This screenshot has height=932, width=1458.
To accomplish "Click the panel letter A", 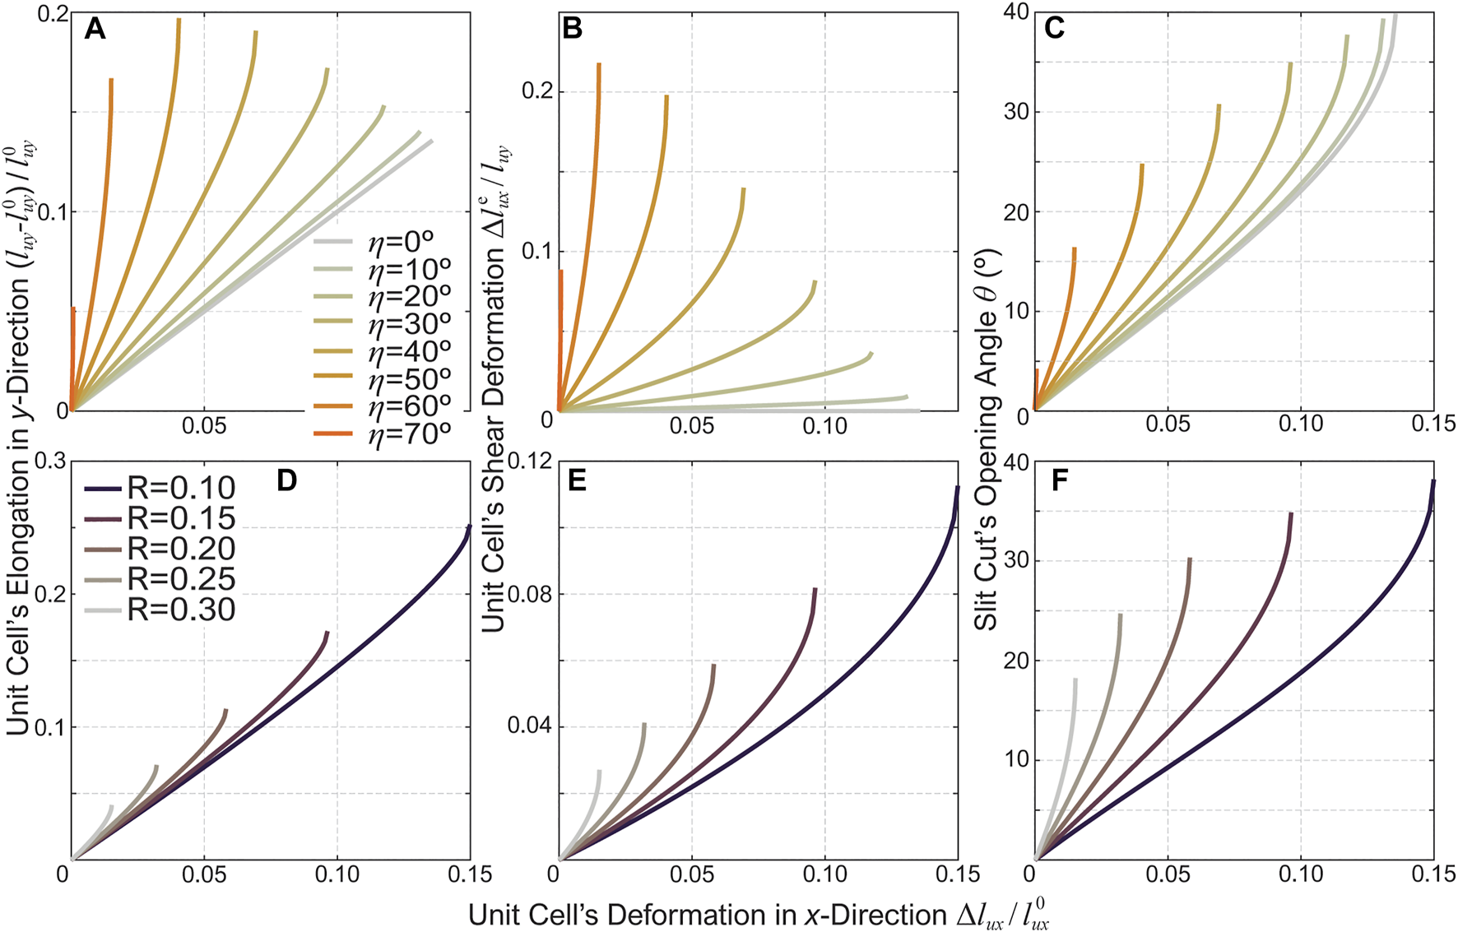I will click(x=95, y=30).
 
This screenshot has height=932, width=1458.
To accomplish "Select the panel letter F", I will click(x=1060, y=480).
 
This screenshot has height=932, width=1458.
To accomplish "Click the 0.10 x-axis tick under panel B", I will click(x=824, y=426).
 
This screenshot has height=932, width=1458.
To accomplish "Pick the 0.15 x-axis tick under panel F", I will click(x=1433, y=874).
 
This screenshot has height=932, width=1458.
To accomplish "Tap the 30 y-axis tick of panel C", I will click(x=1017, y=113).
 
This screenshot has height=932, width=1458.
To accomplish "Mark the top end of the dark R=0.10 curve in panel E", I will click(x=957, y=488).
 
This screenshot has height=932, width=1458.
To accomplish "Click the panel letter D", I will click(x=286, y=480).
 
